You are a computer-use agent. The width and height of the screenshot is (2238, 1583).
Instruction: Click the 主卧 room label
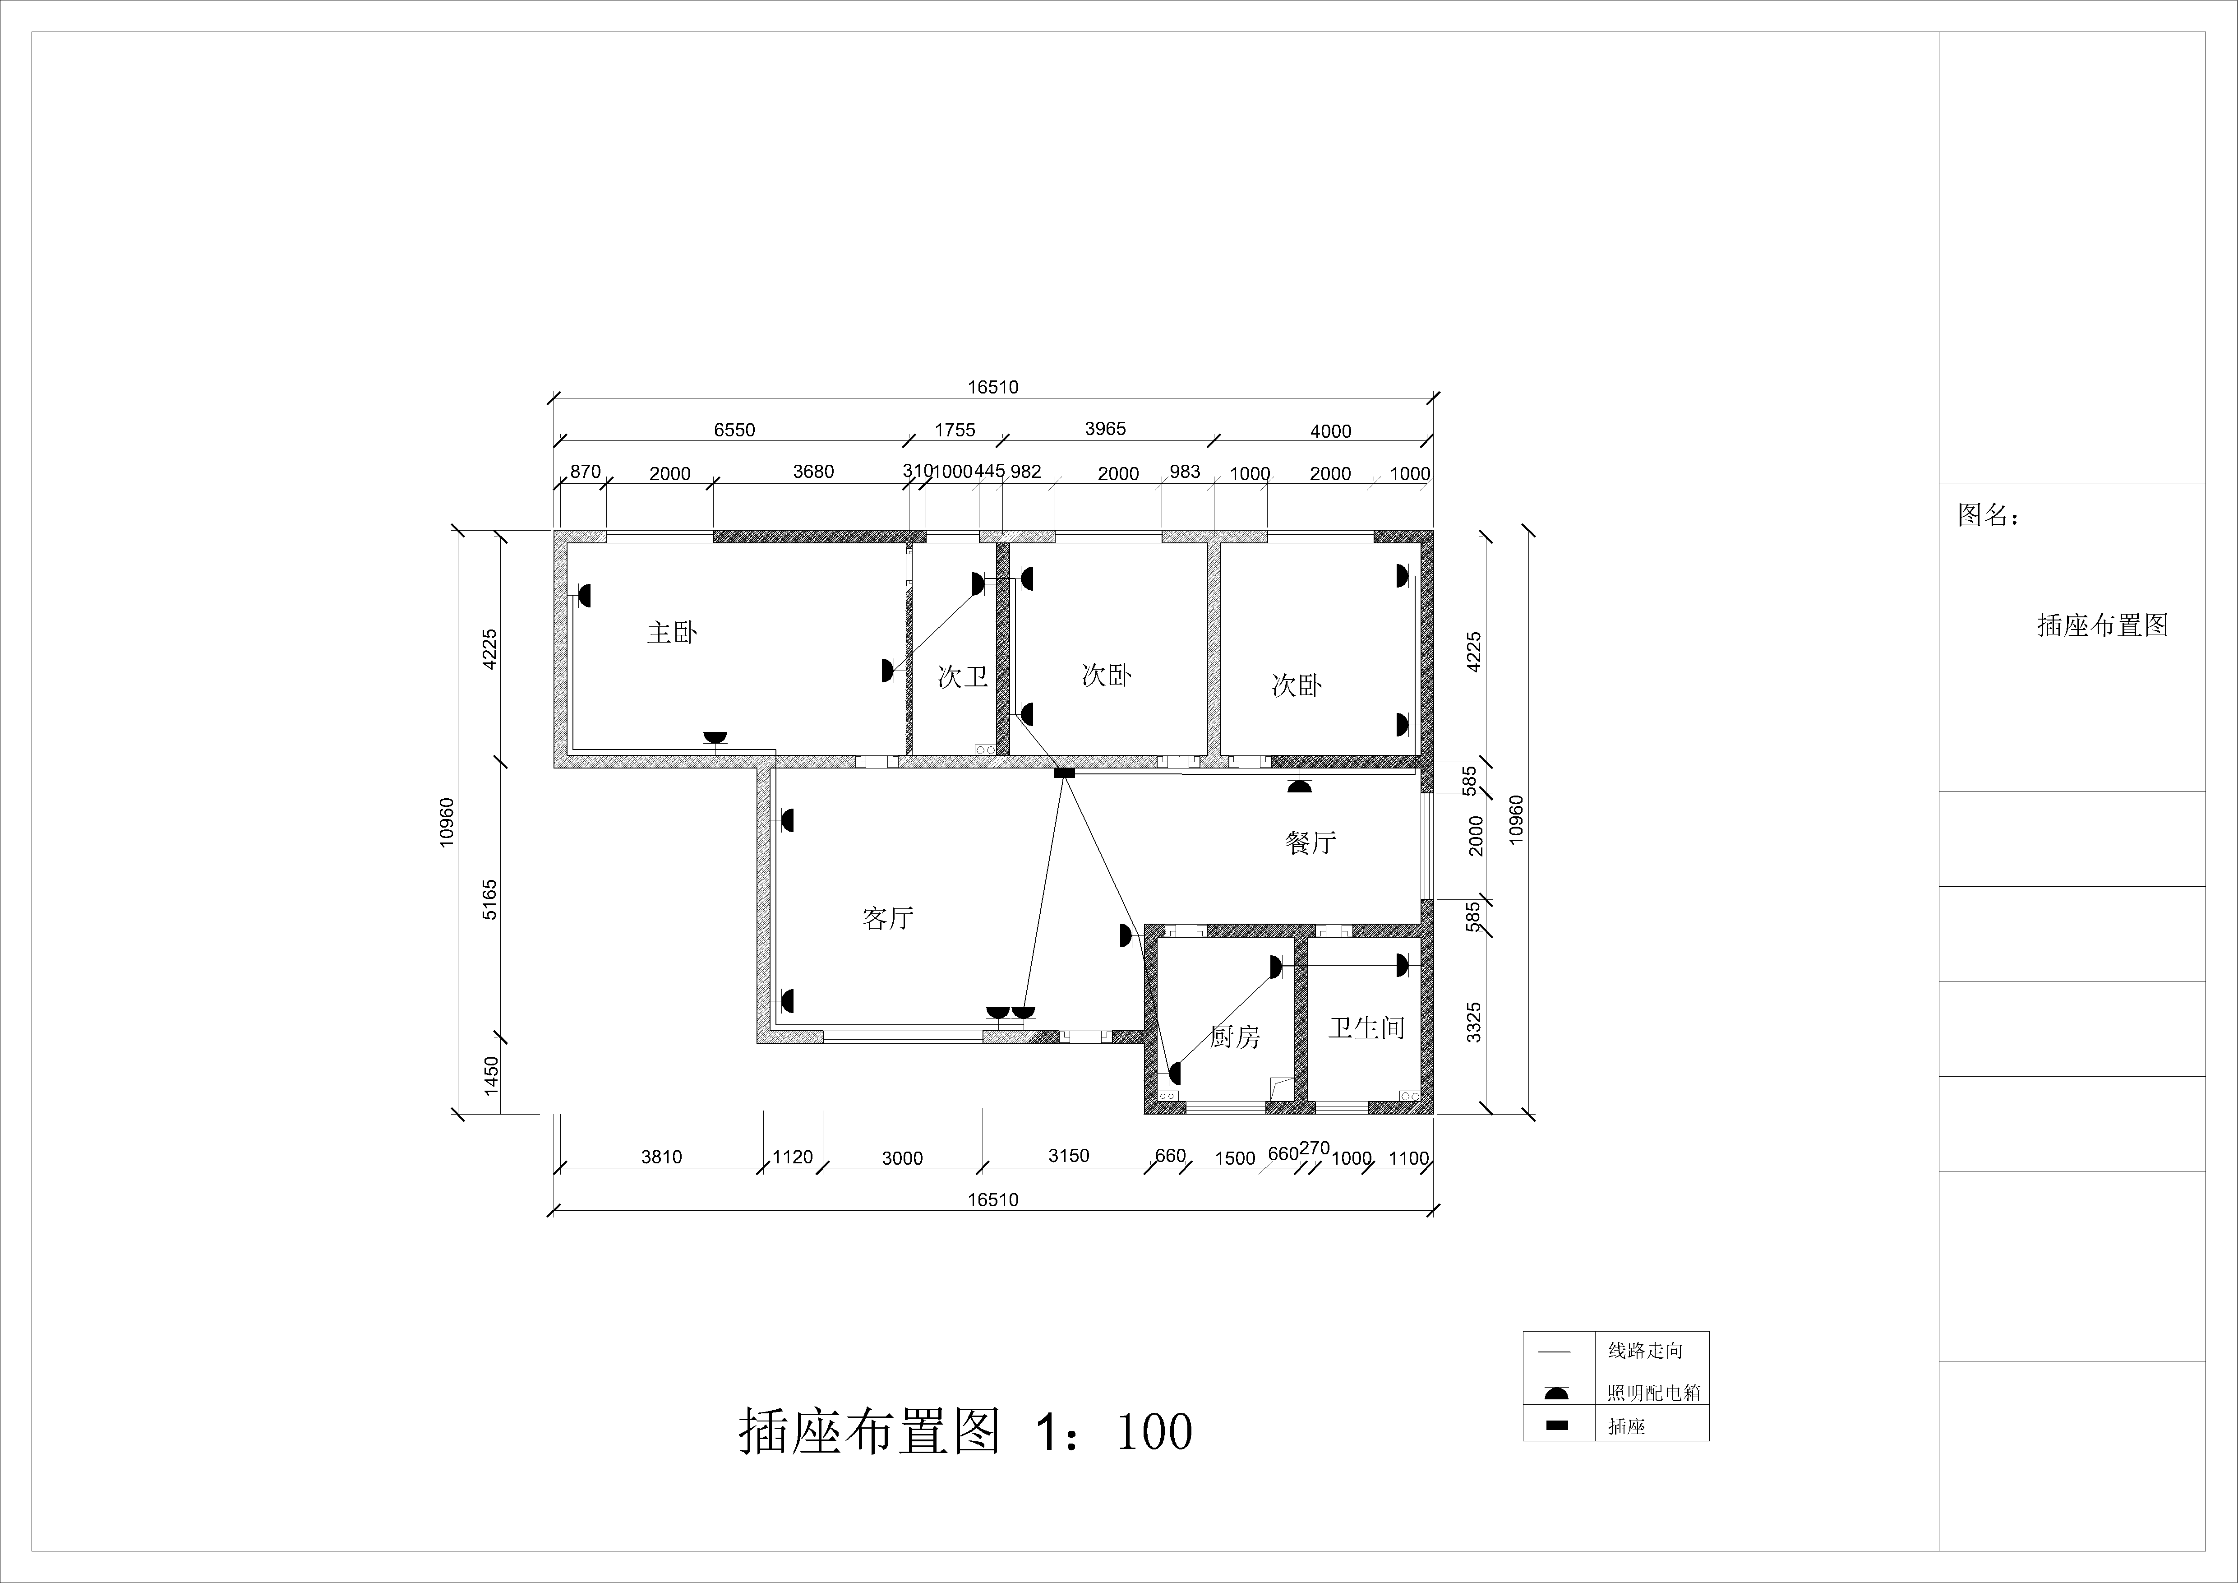[673, 633]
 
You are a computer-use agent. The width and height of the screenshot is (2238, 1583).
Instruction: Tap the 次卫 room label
[963, 676]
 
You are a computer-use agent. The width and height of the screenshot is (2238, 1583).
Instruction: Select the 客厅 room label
[888, 918]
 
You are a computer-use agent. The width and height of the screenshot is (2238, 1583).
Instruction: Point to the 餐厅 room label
[1311, 842]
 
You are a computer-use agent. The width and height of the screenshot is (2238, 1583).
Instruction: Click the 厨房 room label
[1235, 1037]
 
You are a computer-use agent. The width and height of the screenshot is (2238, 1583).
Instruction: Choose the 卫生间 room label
[1366, 1028]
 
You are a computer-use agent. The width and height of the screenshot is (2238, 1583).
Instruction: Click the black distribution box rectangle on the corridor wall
[1063, 773]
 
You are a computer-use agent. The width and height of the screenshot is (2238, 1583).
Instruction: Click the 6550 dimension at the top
[734, 430]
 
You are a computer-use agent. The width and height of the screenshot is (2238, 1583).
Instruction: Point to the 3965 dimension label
[1105, 429]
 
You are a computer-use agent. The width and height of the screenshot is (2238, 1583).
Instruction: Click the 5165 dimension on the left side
[490, 900]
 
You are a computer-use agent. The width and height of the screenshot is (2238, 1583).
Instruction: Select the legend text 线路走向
[1645, 1351]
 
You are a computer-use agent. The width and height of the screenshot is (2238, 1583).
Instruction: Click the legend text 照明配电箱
[1654, 1393]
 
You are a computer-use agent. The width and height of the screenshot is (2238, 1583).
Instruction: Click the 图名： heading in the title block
[1989, 515]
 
